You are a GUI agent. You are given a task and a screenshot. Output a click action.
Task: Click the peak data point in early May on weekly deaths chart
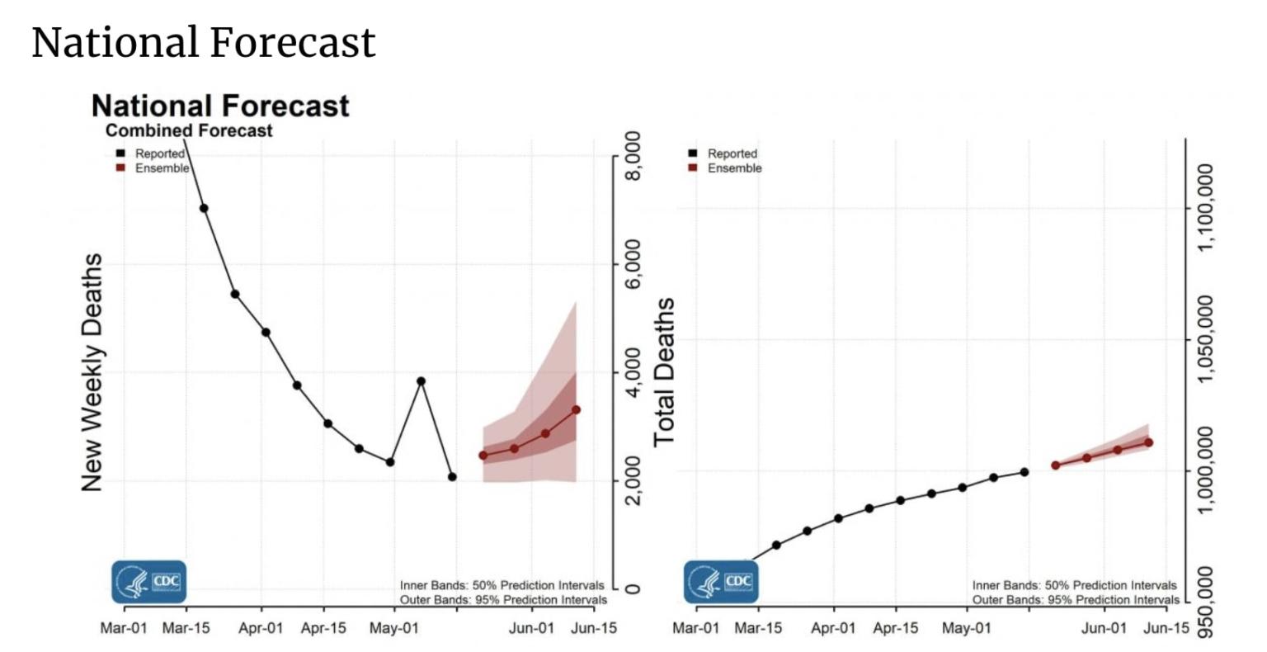coord(421,381)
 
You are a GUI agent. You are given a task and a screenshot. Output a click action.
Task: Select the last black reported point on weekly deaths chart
coord(452,477)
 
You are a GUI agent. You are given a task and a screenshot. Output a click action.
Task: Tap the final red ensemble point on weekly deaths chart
coord(576,409)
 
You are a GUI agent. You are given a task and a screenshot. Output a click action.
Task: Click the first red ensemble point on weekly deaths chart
coord(483,456)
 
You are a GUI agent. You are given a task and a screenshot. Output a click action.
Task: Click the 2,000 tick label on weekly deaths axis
coord(633,480)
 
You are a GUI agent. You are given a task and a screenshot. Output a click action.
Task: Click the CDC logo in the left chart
coord(149,582)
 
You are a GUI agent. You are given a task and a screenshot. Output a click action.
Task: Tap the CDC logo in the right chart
coord(721,582)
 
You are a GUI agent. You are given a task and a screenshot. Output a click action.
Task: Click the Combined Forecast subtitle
coord(189,130)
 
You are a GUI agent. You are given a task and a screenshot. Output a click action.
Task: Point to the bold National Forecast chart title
coord(220,106)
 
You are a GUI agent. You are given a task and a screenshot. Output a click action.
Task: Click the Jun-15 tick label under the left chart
coord(594,629)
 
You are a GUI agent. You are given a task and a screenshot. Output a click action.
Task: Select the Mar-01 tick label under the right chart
coord(695,629)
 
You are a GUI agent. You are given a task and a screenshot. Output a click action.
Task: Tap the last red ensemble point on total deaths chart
coord(1148,442)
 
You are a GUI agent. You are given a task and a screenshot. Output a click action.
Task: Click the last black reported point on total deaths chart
coord(1024,472)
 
